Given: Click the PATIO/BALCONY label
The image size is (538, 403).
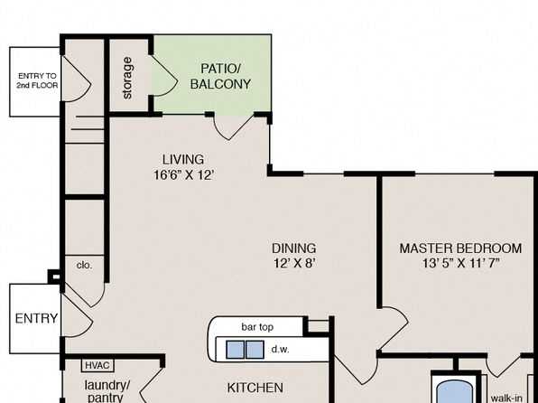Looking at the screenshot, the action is (x=220, y=76).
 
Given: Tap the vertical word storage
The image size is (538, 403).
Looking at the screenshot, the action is (x=127, y=78).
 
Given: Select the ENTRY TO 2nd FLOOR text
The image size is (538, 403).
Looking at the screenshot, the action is (x=37, y=80).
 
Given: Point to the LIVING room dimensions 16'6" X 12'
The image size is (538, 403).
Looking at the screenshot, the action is (x=184, y=175).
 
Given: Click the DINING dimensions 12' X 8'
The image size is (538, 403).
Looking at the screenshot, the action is (x=294, y=264).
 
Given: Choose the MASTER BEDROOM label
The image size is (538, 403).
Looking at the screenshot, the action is (x=460, y=248).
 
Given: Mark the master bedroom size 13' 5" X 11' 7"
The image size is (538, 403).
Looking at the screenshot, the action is (x=460, y=264).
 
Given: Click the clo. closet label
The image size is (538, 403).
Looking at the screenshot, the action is (x=84, y=266).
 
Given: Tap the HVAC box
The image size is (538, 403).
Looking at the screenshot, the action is (x=97, y=366).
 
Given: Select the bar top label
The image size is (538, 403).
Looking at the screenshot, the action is (x=257, y=327).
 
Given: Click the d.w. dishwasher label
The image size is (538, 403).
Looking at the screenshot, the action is (x=281, y=350).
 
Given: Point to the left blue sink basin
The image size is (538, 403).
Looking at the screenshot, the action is (x=235, y=350).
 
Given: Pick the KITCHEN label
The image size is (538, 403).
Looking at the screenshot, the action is (x=255, y=388).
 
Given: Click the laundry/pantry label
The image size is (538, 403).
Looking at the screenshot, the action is (x=107, y=391).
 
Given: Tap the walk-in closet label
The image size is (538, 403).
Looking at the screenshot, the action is (x=506, y=398).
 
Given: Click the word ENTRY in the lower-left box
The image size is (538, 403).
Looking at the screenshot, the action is (x=36, y=318).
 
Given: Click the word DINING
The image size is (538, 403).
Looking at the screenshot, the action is (x=294, y=248).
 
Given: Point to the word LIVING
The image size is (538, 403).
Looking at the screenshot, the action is (x=183, y=159).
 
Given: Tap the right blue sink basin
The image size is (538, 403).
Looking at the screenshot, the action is (x=255, y=350).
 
